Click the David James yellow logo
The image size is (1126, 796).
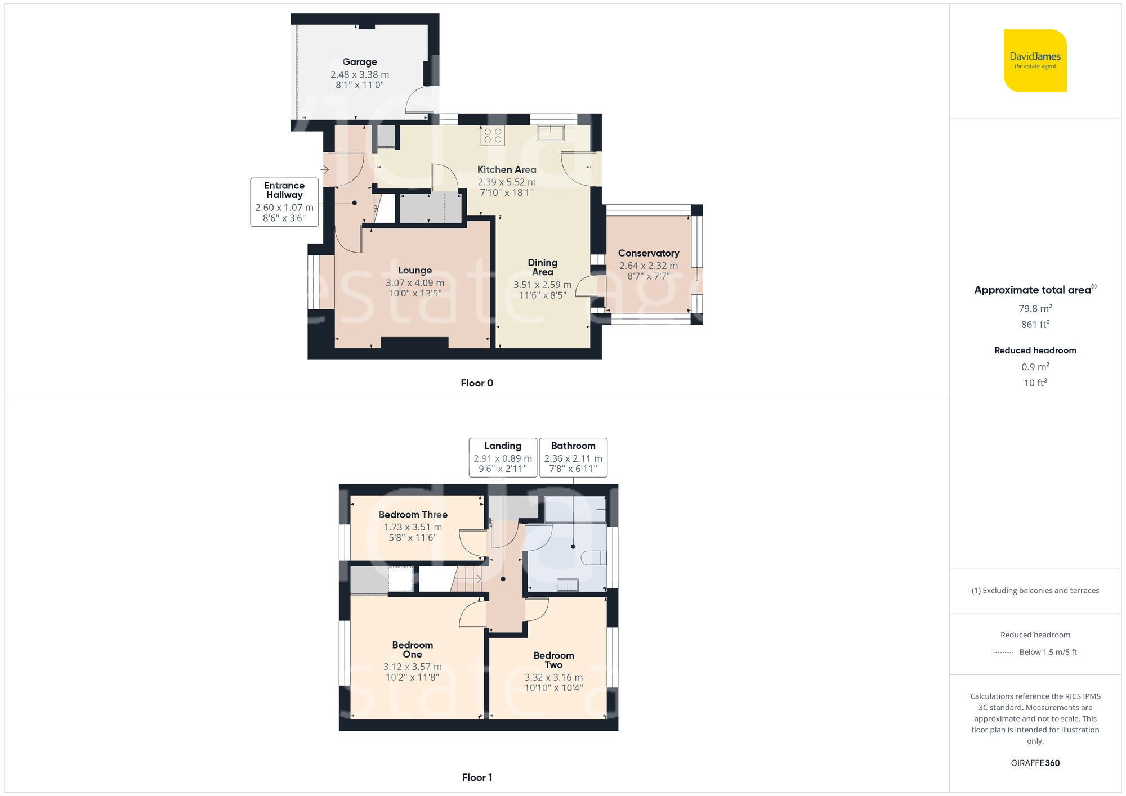point(1035,61)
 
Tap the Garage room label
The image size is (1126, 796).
point(360,62)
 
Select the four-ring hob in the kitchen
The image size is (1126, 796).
point(493,136)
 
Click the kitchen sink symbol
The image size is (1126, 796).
point(550,133)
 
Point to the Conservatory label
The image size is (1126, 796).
point(649,253)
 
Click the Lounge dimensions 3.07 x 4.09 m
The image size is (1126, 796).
point(415,283)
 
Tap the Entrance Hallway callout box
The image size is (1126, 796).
point(284,202)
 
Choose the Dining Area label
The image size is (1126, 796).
point(543,267)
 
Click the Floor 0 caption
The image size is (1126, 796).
point(477,383)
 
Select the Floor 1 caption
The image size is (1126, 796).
point(477,777)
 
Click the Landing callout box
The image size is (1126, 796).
point(503,457)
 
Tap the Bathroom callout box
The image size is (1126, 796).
point(573,457)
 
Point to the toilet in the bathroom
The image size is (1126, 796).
point(593,558)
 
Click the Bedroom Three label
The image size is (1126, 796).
point(413,515)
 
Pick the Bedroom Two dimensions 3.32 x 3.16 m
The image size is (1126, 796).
point(553,677)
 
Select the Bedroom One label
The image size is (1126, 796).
point(413,650)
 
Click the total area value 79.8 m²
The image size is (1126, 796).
point(1035,308)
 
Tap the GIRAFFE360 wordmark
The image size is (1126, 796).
point(1035,763)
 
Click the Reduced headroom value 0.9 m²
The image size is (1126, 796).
point(1035,367)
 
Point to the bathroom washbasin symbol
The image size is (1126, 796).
point(568,585)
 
